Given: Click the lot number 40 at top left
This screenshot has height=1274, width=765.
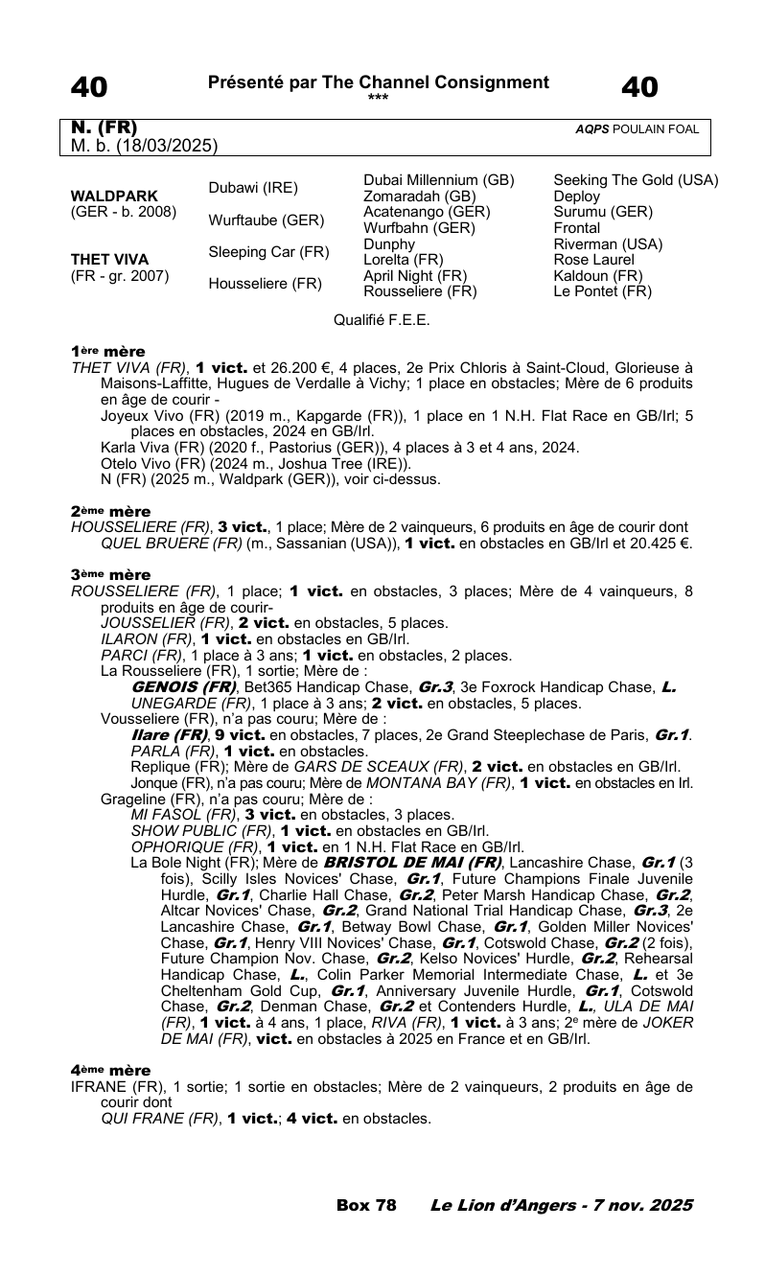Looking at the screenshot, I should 88,88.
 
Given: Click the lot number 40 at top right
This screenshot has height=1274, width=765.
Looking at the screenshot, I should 639,88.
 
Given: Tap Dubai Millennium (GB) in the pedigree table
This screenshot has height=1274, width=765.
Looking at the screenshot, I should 439,180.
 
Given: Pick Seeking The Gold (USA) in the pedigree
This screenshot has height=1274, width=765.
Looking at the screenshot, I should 636,180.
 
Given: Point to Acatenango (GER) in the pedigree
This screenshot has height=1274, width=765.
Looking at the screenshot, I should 427,212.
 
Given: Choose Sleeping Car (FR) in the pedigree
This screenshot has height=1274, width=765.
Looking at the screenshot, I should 269,252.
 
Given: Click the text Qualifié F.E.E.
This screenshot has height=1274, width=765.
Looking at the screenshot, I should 382,320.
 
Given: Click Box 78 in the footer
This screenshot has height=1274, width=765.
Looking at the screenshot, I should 366,1205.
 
